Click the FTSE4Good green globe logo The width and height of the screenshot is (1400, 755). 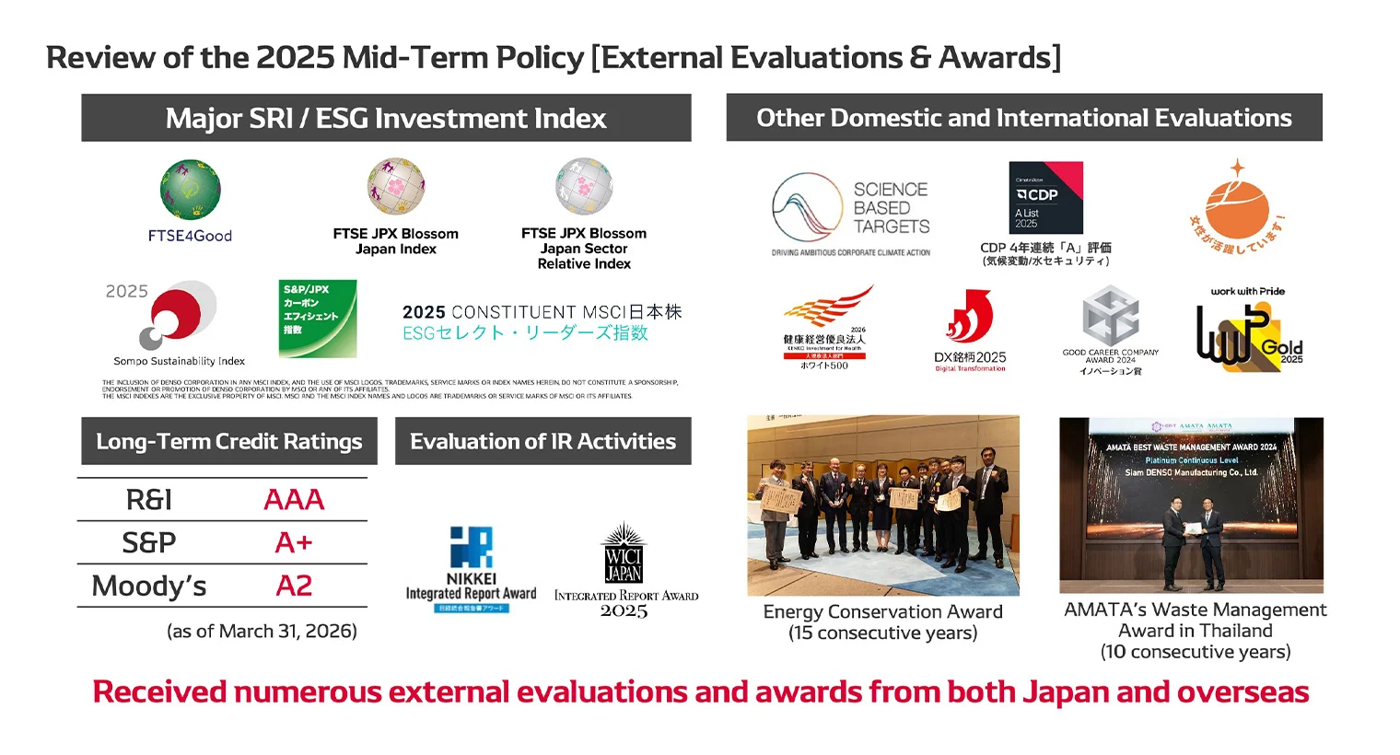pos(190,190)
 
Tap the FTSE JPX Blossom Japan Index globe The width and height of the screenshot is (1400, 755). pos(396,186)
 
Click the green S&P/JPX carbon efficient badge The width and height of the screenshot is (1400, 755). pos(317,319)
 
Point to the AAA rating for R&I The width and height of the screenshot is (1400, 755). pos(294,500)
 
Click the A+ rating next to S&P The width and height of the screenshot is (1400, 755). pos(294,543)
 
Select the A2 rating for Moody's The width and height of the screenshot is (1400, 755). pos(294,586)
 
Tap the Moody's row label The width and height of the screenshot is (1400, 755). pos(149,587)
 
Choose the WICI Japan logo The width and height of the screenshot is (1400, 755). pos(624,554)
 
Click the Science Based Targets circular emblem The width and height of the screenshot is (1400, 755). pos(808,208)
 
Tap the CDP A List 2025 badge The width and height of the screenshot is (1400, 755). pos(1045,198)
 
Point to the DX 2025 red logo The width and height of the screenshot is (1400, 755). pos(970,318)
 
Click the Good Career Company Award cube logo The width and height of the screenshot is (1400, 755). pos(1110,316)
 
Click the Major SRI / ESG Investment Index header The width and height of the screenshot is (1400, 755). pos(386,118)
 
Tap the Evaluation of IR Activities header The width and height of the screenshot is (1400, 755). pos(542,442)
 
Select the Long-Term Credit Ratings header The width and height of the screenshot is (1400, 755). pos(229,442)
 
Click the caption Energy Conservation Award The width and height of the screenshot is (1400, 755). pos(882,611)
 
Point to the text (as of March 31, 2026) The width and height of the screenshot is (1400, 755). pos(262,632)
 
